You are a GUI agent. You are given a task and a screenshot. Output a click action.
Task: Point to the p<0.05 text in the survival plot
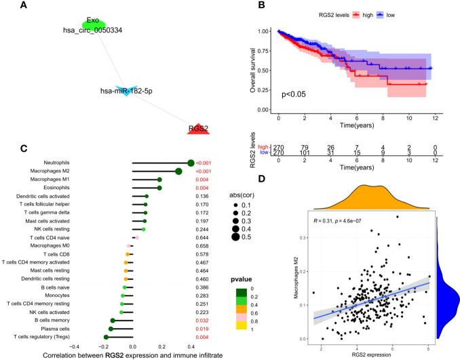[298, 95]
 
